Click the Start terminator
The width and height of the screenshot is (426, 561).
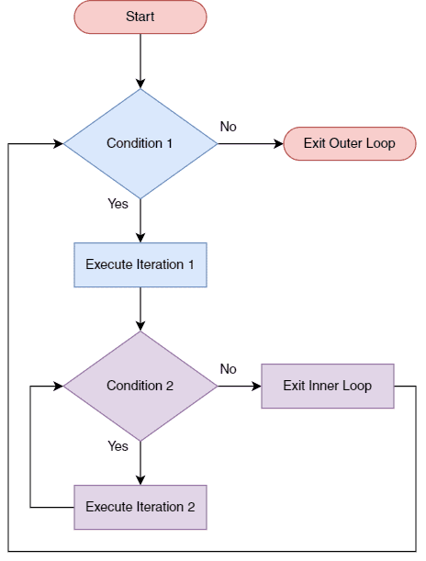140,17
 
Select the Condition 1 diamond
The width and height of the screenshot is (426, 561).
140,143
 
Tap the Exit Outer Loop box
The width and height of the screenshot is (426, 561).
349,144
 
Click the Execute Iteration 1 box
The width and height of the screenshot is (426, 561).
140,264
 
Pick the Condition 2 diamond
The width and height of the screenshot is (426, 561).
140,386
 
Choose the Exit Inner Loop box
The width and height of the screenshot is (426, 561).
328,386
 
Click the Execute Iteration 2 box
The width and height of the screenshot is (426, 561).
140,507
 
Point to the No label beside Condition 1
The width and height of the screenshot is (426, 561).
228,127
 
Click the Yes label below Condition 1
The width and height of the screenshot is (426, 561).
118,204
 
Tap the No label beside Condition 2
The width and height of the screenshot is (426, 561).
228,369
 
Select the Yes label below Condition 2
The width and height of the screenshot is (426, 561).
118,446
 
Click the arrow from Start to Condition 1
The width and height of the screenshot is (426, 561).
140,61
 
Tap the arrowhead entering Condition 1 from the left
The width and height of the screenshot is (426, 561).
58,144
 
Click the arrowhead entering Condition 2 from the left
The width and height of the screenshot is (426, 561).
58,387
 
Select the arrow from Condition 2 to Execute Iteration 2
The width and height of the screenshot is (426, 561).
140,463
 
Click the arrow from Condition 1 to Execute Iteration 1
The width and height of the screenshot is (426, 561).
140,220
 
